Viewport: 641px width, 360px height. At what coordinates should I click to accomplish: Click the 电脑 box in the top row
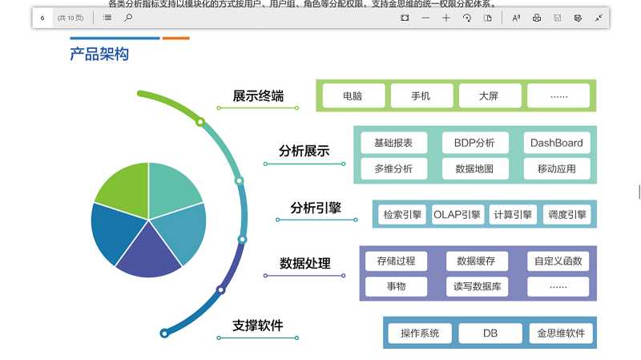tap(353, 96)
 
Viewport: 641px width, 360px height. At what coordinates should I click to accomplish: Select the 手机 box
tap(421, 96)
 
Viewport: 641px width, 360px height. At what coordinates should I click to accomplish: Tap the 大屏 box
tap(489, 96)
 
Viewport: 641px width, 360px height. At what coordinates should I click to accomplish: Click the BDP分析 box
tap(474, 144)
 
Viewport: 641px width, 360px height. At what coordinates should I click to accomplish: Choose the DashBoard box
tap(557, 144)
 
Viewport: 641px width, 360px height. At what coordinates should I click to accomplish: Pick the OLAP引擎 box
tap(457, 214)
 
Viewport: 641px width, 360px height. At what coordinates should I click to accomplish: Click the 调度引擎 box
tap(566, 214)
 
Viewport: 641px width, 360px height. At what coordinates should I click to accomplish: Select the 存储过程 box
tap(396, 261)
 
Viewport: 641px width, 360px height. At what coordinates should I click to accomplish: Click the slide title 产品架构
tap(99, 55)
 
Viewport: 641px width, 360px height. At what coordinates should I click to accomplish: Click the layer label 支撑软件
tap(258, 326)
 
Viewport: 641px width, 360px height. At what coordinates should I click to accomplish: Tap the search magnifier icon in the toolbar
tap(128, 18)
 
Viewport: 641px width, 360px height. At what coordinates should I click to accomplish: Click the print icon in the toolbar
tap(537, 18)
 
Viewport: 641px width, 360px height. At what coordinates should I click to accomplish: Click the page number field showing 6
tap(42, 18)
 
